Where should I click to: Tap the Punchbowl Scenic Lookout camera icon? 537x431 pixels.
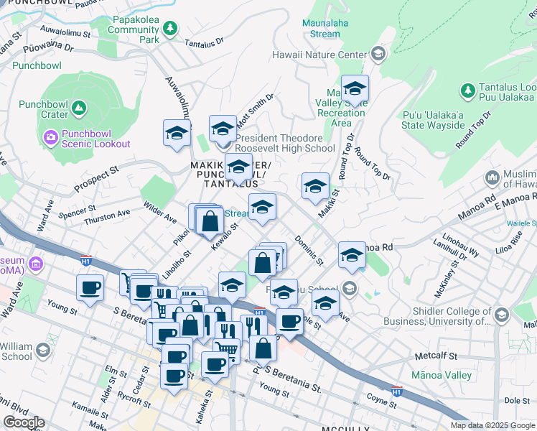tap(51, 136)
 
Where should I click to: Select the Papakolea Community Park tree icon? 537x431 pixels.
tap(170, 29)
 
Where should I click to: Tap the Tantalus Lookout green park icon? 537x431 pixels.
tap(467, 91)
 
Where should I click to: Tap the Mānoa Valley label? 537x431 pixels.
tap(442, 375)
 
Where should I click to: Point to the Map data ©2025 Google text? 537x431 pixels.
tap(491, 425)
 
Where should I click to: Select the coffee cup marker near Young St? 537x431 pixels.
tap(90, 289)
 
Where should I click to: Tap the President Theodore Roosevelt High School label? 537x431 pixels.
tap(285, 143)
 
